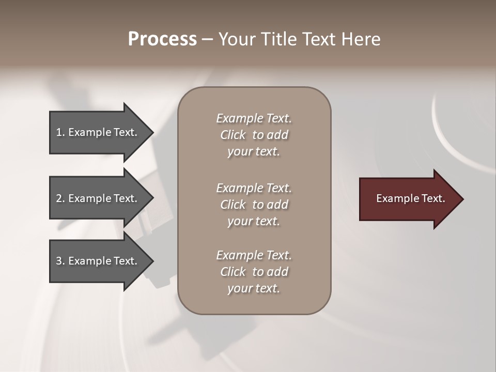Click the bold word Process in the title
(162, 39)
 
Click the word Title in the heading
(279, 39)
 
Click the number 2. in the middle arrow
(60, 198)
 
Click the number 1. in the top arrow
(60, 132)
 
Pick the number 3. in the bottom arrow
(60, 261)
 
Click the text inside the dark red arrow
(411, 198)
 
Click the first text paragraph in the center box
(254, 135)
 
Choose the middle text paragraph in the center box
(254, 205)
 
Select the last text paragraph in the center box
(254, 272)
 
